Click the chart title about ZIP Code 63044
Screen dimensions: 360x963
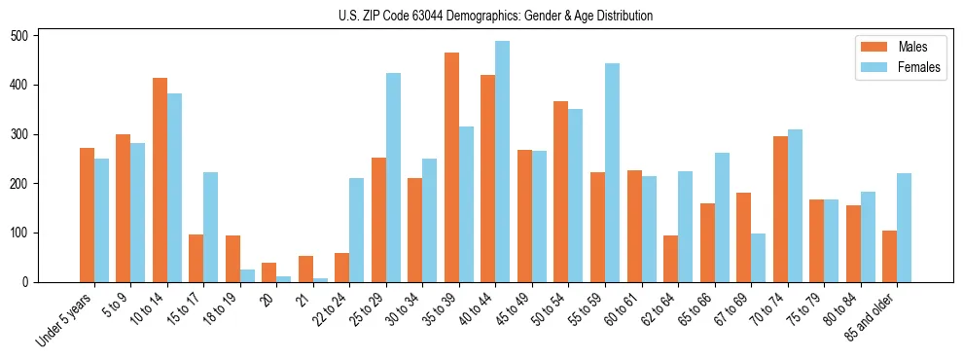tap(481, 16)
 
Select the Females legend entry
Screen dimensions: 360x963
tap(918, 68)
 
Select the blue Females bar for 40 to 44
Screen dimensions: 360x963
tap(503, 162)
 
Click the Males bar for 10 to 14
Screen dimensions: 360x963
tap(160, 180)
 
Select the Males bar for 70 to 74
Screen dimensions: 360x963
tap(780, 209)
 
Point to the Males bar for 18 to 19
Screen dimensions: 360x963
tap(232, 259)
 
